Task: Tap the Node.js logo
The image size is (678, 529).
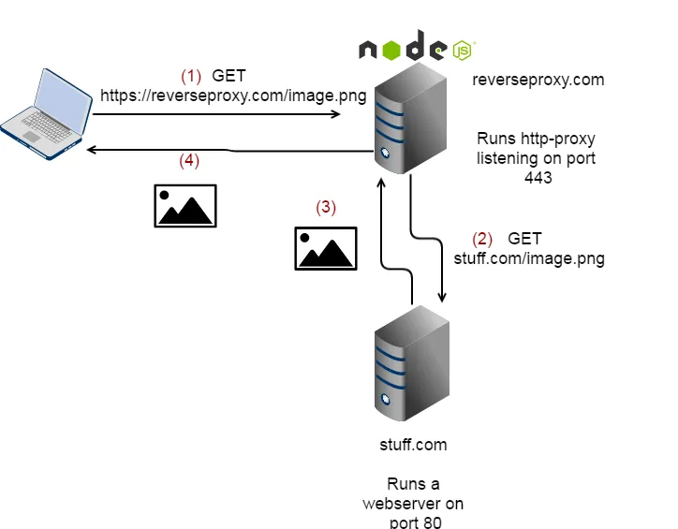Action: [x=417, y=48]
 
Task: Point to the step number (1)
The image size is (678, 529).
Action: [x=191, y=75]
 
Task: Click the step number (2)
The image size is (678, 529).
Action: [x=481, y=239]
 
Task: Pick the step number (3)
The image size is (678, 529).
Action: [x=325, y=208]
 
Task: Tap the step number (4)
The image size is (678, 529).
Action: [x=190, y=160]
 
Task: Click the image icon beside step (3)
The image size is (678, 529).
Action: [x=326, y=248]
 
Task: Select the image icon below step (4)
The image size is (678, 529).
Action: [x=184, y=206]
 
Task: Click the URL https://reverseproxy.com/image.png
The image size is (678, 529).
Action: [x=233, y=95]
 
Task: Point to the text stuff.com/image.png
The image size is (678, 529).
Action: [x=529, y=258]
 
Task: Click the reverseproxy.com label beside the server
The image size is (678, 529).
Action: [x=538, y=80]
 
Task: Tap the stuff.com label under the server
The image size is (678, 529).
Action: [x=413, y=445]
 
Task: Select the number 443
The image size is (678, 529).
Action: [x=538, y=178]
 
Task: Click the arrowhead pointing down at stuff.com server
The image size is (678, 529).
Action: [x=442, y=298]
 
